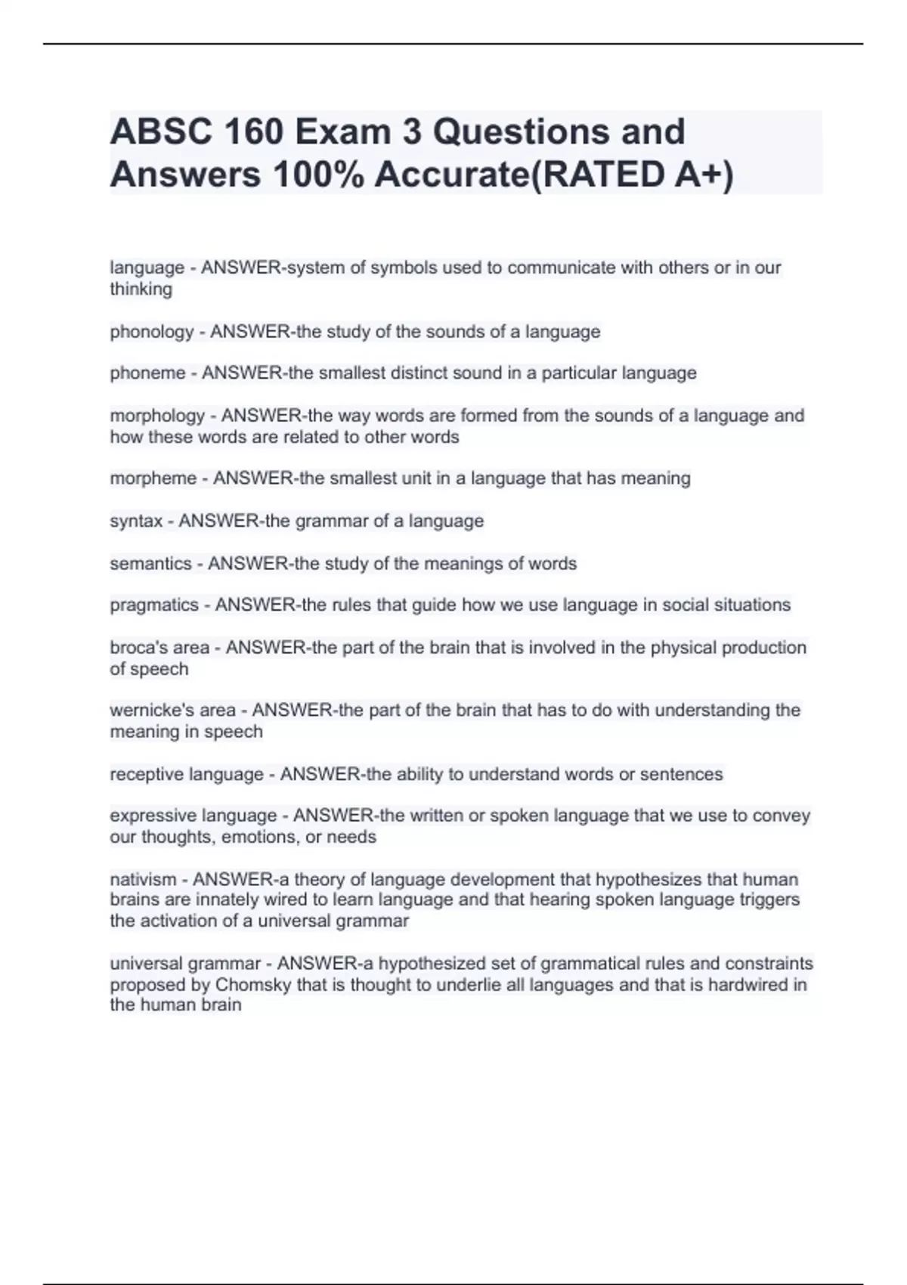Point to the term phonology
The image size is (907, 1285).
(x=152, y=333)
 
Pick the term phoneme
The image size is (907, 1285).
(x=147, y=373)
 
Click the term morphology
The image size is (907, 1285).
(x=157, y=416)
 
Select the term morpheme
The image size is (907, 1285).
(x=153, y=478)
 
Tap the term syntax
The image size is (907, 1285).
(x=136, y=522)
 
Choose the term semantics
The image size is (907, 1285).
(x=150, y=564)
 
